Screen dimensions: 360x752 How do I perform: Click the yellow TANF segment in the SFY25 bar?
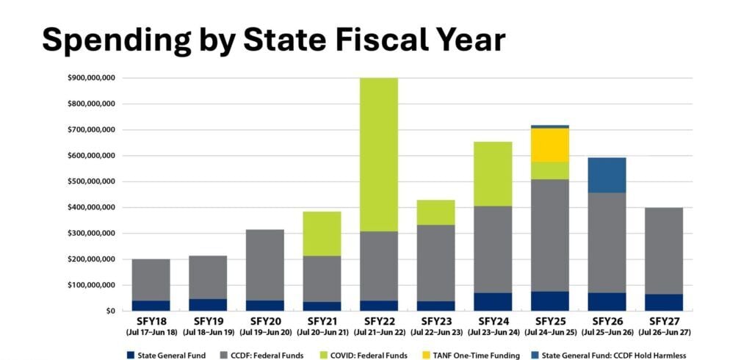(550, 145)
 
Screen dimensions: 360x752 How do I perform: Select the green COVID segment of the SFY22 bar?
(379, 154)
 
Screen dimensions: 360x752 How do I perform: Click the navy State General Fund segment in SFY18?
(151, 305)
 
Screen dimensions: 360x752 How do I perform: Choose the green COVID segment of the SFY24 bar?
(493, 173)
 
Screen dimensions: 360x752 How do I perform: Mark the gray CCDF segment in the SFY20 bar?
(265, 264)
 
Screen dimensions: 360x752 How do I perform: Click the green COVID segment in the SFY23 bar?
(436, 212)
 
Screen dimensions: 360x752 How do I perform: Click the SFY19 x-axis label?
(208, 322)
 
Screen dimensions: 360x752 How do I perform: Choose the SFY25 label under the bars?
(550, 322)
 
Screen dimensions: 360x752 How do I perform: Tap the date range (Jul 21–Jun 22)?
(379, 333)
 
